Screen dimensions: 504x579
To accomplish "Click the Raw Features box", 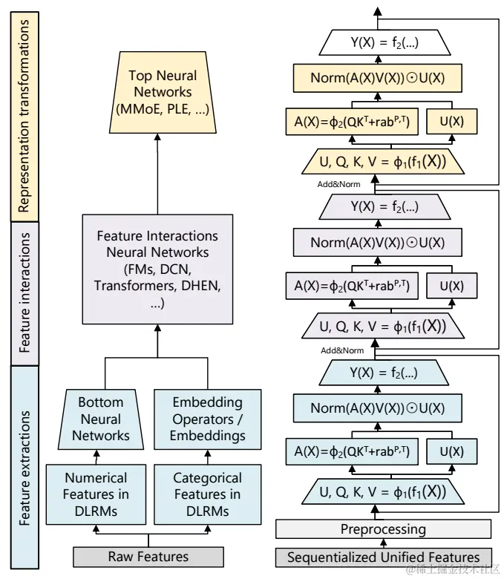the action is pos(148,557).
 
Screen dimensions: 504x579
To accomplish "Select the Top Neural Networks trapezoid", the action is pos(163,92).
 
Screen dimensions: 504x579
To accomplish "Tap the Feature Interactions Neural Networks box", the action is pos(157,269).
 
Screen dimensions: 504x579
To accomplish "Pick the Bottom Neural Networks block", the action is pos(101,419).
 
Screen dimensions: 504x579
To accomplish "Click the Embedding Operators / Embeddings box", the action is pos(208,419).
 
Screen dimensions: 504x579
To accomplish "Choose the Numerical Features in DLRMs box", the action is pos(96,494).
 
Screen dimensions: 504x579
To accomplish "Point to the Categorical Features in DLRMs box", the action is pos(208,494).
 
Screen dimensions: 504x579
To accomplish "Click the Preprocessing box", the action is pos(383,529).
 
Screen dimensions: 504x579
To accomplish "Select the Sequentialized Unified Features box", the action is pos(384,557).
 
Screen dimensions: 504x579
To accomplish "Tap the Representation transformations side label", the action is pos(24,117).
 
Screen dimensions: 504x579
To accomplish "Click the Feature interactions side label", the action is pos(24,293).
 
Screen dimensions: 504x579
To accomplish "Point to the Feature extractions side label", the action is pos(24,467).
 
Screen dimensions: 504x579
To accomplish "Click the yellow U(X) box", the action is pos(451,121).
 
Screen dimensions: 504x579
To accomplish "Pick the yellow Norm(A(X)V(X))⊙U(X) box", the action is pos(377,78).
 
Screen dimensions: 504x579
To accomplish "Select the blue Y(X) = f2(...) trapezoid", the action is pos(384,373).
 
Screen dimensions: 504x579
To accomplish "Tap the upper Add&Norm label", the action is pos(338,184).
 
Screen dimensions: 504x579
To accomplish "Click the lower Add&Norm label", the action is pos(342,350).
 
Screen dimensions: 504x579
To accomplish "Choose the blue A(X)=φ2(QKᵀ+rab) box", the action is pos(352,451).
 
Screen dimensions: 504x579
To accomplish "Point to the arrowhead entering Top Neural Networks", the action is pos(157,137).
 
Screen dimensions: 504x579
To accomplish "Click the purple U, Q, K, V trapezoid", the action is pos(383,326).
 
